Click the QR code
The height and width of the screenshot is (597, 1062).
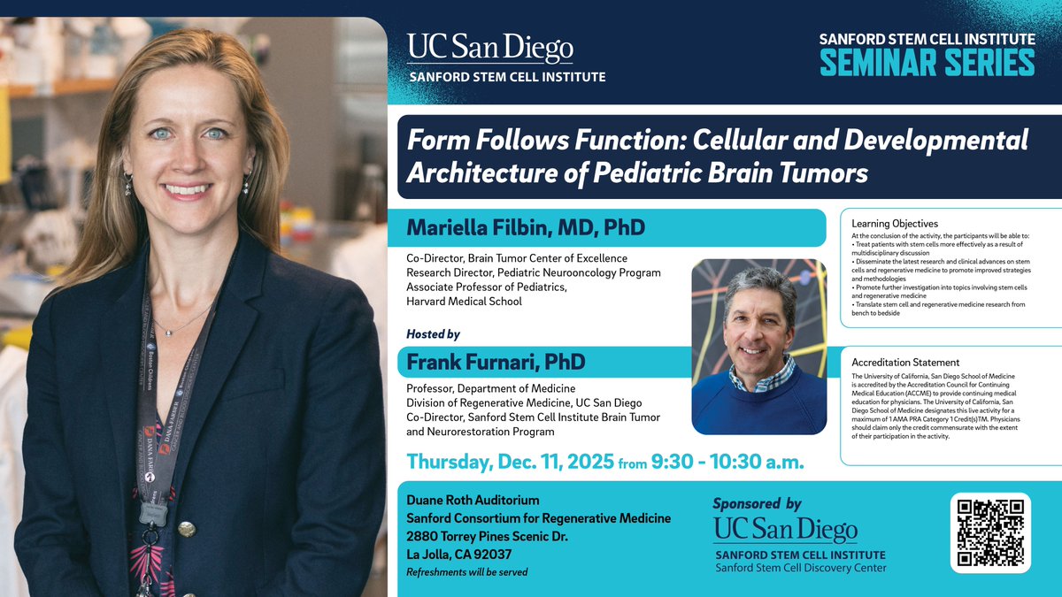pos(990,532)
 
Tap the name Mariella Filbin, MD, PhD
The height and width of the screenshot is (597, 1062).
pos(526,228)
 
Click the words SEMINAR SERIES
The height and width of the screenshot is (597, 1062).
pos(927,63)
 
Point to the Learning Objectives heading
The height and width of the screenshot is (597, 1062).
pos(895,224)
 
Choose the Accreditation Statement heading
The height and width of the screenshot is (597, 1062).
pos(905,363)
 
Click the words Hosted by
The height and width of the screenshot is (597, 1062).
pos(433,334)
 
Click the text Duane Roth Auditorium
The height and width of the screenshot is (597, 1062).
pos(472,501)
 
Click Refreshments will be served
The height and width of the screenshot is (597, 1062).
pos(466,572)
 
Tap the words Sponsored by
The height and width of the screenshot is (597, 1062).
pos(757,503)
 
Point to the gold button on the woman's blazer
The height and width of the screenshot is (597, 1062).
pos(187,529)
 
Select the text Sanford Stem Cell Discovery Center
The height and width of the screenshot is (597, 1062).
pos(800,567)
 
